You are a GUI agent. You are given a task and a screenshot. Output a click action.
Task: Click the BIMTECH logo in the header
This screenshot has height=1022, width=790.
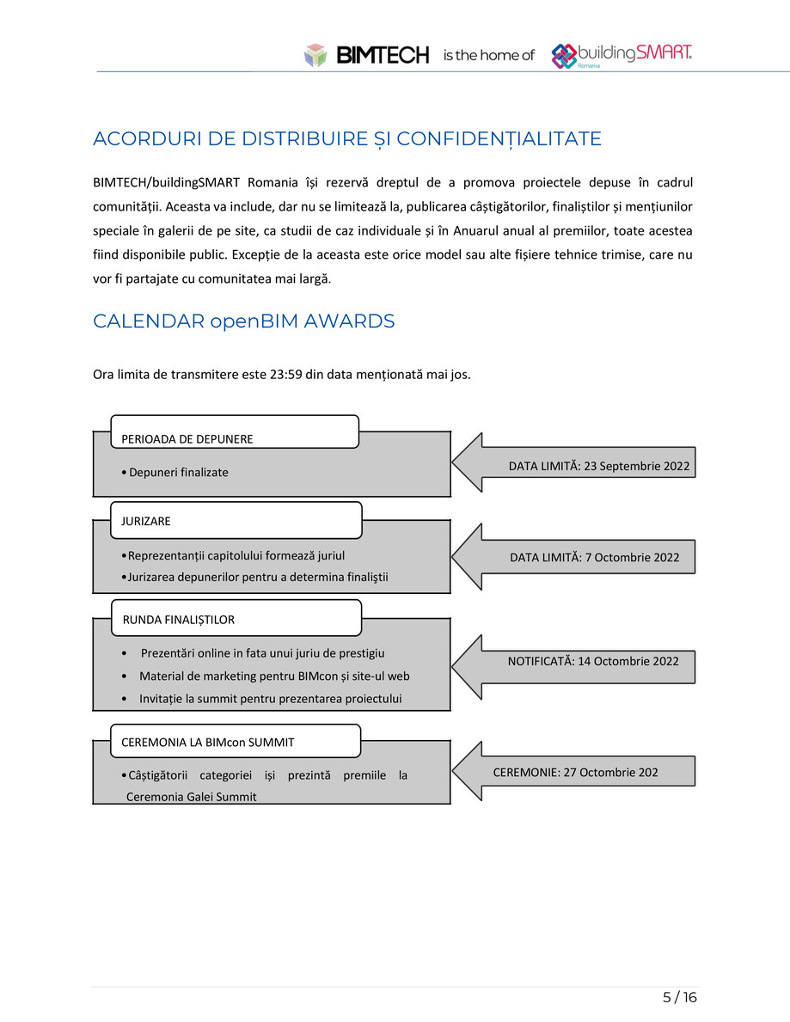click(x=366, y=55)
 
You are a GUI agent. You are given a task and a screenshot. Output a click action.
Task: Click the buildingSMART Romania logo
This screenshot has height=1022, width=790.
click(x=622, y=55)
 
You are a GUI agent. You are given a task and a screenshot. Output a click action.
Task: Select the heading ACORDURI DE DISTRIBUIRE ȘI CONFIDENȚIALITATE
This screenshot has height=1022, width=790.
click(x=346, y=139)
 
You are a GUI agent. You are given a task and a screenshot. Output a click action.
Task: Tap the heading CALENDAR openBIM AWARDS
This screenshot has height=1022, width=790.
click(x=243, y=321)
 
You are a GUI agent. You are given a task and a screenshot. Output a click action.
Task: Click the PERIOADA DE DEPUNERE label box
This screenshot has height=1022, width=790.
click(x=234, y=432)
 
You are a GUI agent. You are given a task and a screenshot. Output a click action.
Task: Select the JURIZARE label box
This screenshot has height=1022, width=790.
click(x=236, y=520)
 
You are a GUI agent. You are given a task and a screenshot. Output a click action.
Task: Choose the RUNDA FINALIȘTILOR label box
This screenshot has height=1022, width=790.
click(x=236, y=618)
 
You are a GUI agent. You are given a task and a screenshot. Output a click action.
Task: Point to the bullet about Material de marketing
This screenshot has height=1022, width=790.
click(x=274, y=676)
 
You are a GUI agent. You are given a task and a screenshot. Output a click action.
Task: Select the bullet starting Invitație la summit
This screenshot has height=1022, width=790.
click(x=270, y=699)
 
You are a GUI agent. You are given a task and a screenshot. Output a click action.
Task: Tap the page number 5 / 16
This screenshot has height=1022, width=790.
click(x=679, y=998)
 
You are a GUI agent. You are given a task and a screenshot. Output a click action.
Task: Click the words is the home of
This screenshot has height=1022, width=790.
click(x=488, y=56)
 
